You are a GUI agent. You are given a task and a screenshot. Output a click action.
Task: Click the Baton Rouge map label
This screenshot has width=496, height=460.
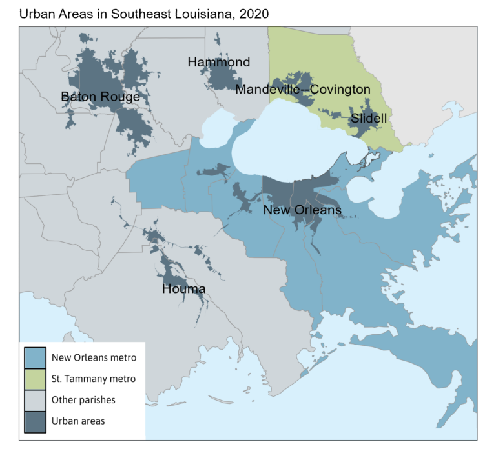[x=100, y=97]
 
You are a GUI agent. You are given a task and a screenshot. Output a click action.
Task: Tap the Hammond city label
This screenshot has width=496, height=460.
[x=218, y=63]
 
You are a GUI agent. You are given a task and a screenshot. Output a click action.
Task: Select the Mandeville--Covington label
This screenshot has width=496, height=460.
[x=302, y=90]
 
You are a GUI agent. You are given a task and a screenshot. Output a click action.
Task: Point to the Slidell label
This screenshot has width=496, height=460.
[x=369, y=119]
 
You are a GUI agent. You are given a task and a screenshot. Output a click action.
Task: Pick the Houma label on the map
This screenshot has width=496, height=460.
[x=183, y=289]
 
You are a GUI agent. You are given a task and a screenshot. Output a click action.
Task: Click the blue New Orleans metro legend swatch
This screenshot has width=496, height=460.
[x=35, y=357]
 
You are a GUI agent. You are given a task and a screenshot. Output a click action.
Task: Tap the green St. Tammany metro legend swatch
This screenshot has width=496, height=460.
[x=35, y=378]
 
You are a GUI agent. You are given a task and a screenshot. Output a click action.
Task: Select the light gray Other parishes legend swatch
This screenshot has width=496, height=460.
[x=35, y=400]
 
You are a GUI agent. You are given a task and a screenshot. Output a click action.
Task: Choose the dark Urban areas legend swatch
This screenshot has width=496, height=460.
[x=35, y=421]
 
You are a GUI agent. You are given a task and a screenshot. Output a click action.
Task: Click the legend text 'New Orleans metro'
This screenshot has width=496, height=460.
[x=94, y=357]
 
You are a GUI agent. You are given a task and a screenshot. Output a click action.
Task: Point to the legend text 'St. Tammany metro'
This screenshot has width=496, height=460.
[x=94, y=379]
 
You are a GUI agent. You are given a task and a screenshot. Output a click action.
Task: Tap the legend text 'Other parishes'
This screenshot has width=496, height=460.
[x=83, y=400]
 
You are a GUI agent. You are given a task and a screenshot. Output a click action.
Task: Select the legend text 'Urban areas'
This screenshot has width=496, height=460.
[x=78, y=421]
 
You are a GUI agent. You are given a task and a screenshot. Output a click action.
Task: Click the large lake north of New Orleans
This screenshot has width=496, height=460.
[x=297, y=142]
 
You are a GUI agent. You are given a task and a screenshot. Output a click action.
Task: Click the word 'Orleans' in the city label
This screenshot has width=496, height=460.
[x=318, y=211]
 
